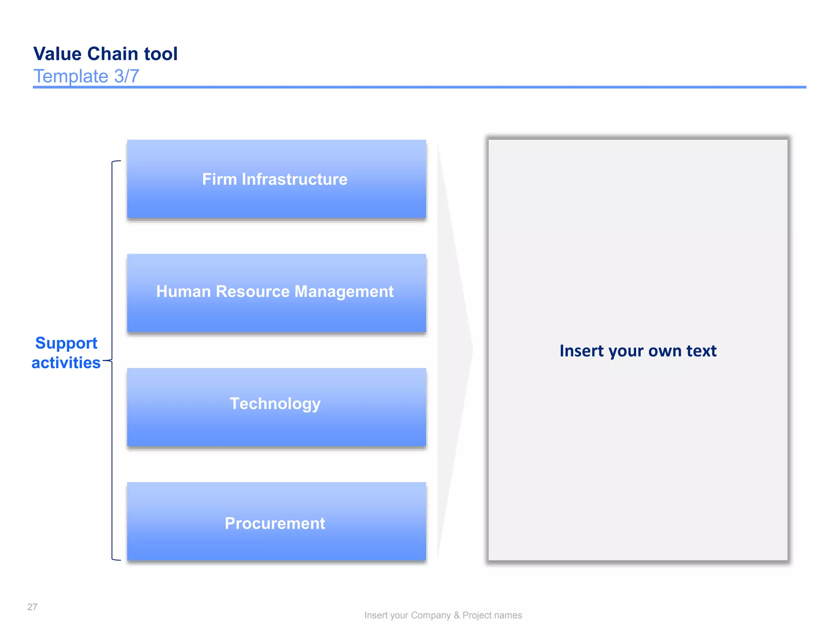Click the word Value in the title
tap(57, 54)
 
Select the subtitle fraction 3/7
tap(126, 76)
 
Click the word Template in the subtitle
tap(71, 76)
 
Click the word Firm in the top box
tap(219, 179)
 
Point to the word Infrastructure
tap(294, 179)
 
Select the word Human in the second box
tap(183, 292)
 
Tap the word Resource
tap(252, 292)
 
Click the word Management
tap(344, 292)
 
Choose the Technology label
tap(275, 404)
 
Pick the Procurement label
tap(275, 523)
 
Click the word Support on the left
tap(66, 343)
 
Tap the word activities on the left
tap(66, 363)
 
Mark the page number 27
tap(32, 607)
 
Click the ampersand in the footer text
tap(457, 615)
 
